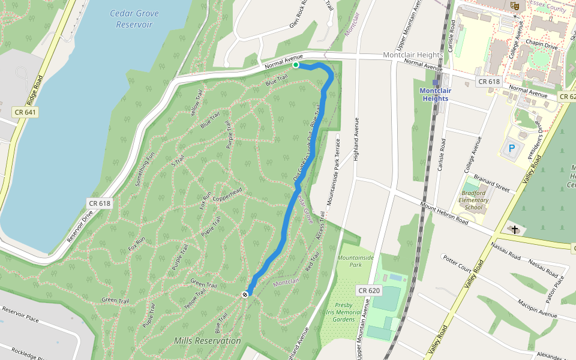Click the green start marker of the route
pos(296,65)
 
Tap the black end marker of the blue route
pos(245,294)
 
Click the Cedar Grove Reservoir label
pos(134,19)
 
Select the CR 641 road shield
pos(25,112)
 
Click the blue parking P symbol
pos(512,148)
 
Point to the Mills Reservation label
pos(207,341)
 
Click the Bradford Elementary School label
pos(473,200)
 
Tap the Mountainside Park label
pos(355,261)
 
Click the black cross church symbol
pos(514,229)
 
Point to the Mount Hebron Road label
pos(444,213)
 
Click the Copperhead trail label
pos(226,194)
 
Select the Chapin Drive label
pos(542,45)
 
